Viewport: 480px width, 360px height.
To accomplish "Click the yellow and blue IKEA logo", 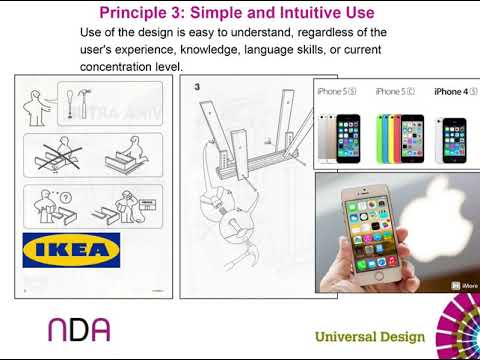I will (x=71, y=250).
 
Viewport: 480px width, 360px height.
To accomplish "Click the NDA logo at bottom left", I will (x=79, y=329).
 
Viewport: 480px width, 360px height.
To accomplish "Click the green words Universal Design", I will (x=370, y=337).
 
